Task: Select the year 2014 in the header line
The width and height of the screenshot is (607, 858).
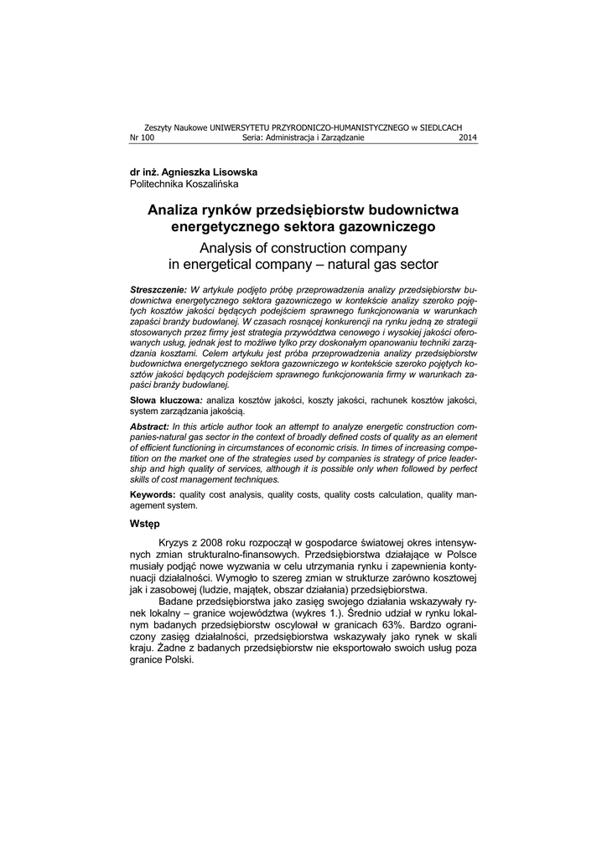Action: (468, 138)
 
